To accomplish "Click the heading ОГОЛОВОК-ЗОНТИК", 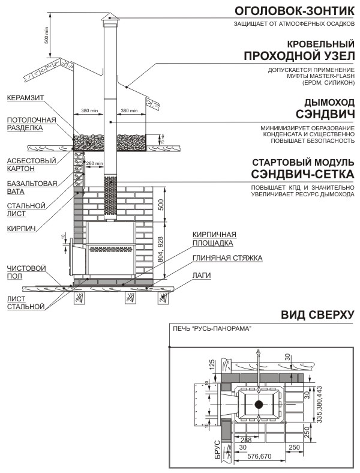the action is (295, 11).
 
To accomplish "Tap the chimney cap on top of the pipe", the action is (110, 17).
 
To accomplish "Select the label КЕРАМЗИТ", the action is (25, 98).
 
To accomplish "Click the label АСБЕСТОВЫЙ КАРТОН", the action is (31, 164).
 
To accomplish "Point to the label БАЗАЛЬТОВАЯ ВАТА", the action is (32, 187).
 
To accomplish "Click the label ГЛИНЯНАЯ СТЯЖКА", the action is (227, 258).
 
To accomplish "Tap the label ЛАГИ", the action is (202, 276).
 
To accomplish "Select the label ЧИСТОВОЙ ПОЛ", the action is (26, 272).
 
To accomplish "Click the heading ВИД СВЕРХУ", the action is (317, 315).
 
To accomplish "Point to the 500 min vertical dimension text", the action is (46, 35).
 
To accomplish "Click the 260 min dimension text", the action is (95, 163).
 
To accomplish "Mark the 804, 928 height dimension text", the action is (160, 250).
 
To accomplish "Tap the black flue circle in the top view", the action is (259, 405).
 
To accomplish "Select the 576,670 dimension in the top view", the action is (259, 456).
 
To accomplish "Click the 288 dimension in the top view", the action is (246, 440).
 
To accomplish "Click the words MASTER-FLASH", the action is (331, 76).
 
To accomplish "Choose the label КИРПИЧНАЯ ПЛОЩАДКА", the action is (214, 239).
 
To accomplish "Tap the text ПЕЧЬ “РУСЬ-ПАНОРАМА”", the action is (212, 329).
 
